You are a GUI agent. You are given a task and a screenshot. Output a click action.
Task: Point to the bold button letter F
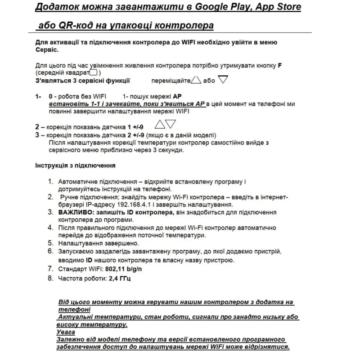(280, 65)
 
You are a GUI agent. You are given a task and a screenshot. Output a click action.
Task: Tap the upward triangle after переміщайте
(196, 81)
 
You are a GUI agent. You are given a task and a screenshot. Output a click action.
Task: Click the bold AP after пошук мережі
(177, 97)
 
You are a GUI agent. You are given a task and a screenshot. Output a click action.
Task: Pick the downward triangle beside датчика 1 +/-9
(171, 124)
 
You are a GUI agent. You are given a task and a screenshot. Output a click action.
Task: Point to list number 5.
(51, 243)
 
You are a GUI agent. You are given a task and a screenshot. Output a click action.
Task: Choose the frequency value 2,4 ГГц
(119, 279)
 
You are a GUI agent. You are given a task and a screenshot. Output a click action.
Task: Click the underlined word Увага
(66, 332)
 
